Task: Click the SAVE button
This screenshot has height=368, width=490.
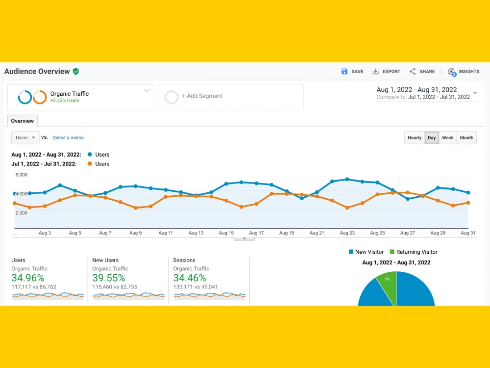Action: pyautogui.click(x=352, y=72)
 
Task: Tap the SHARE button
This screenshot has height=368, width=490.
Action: pyautogui.click(x=422, y=72)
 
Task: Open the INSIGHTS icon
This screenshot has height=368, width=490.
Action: pyautogui.click(x=452, y=72)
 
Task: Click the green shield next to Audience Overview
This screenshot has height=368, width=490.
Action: pyautogui.click(x=76, y=72)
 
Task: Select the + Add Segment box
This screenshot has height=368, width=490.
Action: pyautogui.click(x=231, y=97)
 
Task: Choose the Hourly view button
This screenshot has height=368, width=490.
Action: pyautogui.click(x=415, y=138)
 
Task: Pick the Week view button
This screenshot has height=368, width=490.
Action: pyautogui.click(x=447, y=138)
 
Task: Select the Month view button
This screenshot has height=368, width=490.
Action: pyautogui.click(x=466, y=138)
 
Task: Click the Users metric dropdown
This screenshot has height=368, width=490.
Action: pyautogui.click(x=25, y=138)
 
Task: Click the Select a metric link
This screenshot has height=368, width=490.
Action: pyautogui.click(x=68, y=138)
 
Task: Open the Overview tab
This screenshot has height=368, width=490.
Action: pyautogui.click(x=22, y=121)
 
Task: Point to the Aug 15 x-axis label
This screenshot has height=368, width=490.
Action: pyautogui.click(x=226, y=233)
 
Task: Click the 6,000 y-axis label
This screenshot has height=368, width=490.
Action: pyautogui.click(x=21, y=175)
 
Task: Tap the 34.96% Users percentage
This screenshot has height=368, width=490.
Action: pyautogui.click(x=28, y=278)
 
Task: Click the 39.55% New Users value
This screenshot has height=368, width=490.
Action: pyautogui.click(x=108, y=278)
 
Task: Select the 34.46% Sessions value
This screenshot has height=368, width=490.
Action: pyautogui.click(x=189, y=278)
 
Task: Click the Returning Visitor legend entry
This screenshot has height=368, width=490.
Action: pyautogui.click(x=414, y=252)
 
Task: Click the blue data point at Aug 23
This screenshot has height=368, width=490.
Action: pyautogui.click(x=347, y=179)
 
